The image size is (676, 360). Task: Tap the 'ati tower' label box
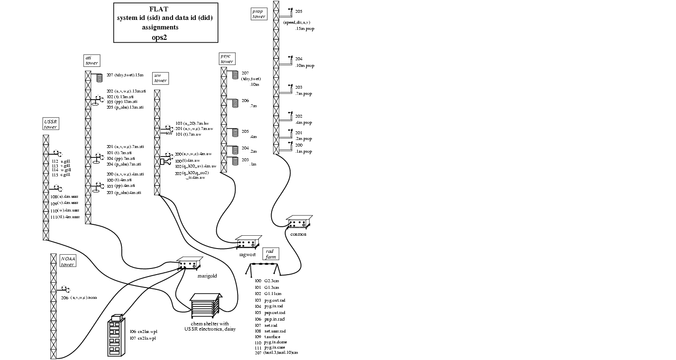(x=92, y=60)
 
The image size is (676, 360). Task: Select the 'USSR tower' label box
(x=51, y=124)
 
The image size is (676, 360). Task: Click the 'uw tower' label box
(x=160, y=78)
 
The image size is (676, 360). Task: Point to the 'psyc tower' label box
(x=227, y=58)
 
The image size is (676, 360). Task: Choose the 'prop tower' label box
(x=259, y=13)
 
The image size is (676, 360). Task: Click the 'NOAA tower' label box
(x=68, y=261)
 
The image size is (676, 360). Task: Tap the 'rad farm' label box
(x=271, y=254)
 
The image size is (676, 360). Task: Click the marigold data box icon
(x=190, y=264)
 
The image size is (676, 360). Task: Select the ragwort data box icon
(x=249, y=242)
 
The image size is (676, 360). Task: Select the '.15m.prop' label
(x=304, y=29)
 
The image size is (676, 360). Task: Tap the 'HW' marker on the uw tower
(x=169, y=133)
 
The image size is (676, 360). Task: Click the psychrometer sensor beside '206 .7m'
(x=235, y=103)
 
